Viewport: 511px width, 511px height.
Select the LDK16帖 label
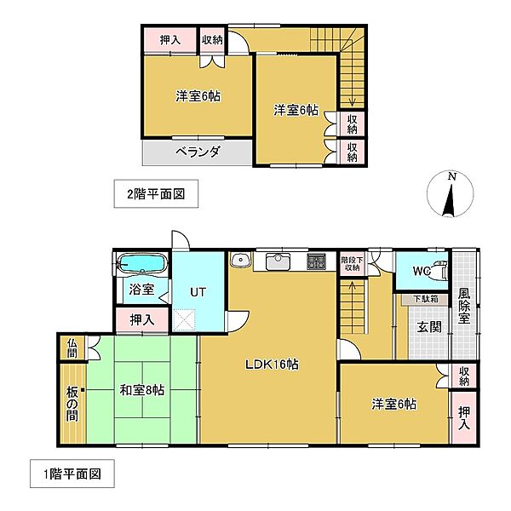point(270,365)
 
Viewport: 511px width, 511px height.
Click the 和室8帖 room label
point(141,390)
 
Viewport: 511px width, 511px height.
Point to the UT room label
point(198,292)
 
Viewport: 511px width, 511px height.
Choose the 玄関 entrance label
point(428,326)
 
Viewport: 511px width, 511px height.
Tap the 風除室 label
point(464,307)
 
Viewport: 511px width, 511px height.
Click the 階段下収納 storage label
point(351,264)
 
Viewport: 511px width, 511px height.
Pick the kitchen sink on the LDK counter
point(278,260)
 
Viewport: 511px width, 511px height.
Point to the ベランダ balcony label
point(198,152)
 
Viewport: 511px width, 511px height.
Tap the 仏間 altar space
point(72,347)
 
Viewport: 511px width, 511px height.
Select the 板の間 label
point(72,405)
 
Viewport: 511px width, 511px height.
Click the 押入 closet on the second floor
point(170,40)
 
